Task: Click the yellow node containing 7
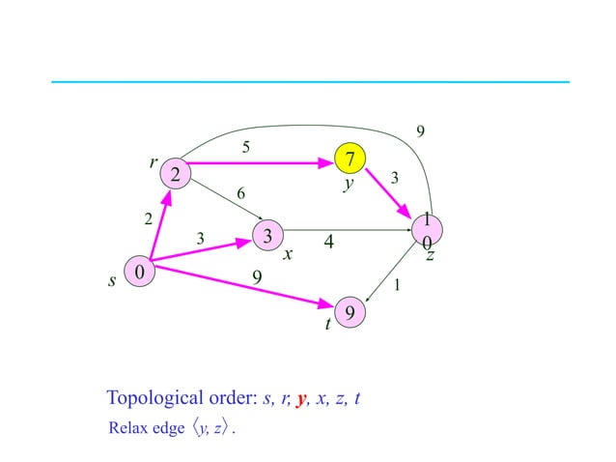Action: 350,157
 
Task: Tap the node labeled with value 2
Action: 175,174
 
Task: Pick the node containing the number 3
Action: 267,235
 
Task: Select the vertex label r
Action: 153,162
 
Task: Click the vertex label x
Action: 288,255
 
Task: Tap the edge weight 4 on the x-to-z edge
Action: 329,245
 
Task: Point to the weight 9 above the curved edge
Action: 419,130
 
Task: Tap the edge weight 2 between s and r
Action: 148,219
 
